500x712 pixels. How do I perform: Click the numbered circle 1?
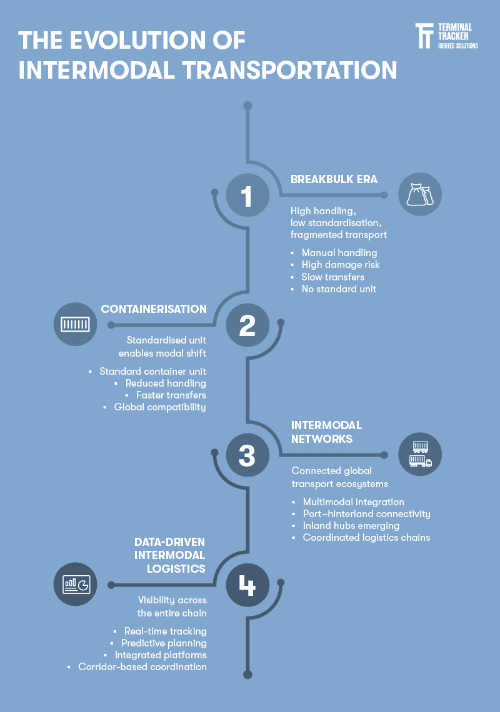(x=247, y=195)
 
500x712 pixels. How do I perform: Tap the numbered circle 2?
(x=247, y=325)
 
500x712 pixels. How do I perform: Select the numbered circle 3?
(x=247, y=455)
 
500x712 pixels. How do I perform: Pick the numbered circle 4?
(x=247, y=585)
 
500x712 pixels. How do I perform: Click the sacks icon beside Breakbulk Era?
(x=420, y=194)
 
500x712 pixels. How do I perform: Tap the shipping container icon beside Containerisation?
(x=76, y=324)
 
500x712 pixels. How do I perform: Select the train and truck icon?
(x=420, y=454)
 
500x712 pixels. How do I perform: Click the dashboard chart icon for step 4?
(x=76, y=584)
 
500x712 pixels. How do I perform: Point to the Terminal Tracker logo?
(x=447, y=36)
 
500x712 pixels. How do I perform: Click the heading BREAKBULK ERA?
(x=334, y=179)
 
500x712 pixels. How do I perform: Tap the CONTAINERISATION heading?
(x=154, y=309)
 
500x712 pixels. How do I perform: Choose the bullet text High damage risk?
(x=341, y=265)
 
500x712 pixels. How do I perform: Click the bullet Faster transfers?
(x=171, y=395)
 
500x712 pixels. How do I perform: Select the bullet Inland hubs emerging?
(x=351, y=526)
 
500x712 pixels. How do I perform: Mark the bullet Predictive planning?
(x=164, y=643)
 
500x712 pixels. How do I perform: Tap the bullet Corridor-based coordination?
(x=142, y=666)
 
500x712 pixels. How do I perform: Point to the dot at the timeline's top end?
(x=247, y=106)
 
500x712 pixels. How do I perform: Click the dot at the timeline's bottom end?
(x=247, y=675)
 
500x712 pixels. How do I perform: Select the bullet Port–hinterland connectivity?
(x=367, y=514)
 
